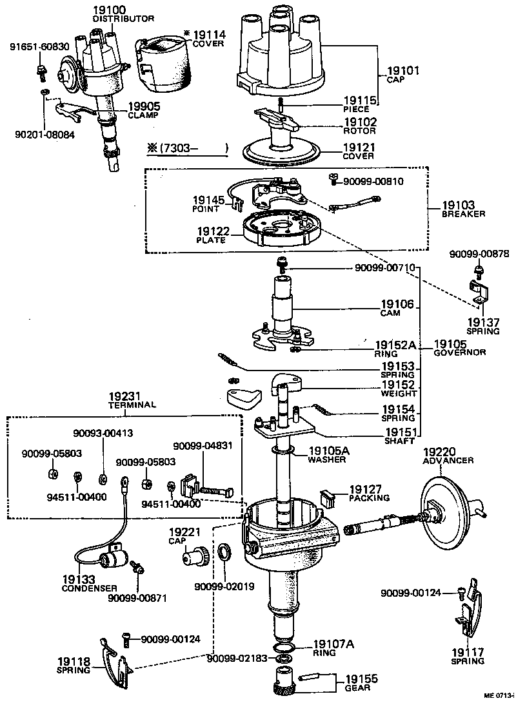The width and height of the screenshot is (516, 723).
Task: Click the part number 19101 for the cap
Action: pyautogui.click(x=403, y=71)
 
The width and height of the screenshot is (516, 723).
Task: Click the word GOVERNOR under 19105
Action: pyautogui.click(x=460, y=353)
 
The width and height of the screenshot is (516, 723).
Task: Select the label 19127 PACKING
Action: pyautogui.click(x=370, y=493)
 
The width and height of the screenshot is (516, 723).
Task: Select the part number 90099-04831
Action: pyautogui.click(x=202, y=445)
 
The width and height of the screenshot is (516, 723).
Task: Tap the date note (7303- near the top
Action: pyautogui.click(x=187, y=149)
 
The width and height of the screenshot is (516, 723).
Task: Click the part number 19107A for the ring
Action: pyautogui.click(x=334, y=644)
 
